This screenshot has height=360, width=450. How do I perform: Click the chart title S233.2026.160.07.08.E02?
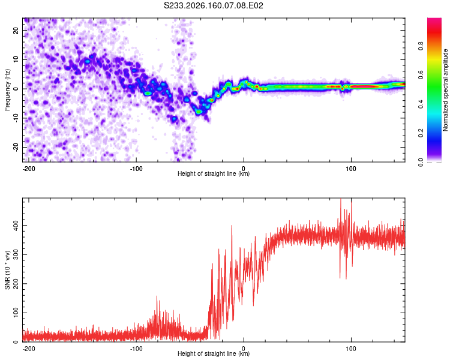tap(213, 5)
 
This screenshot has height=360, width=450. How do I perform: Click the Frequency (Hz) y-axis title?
tap(7, 90)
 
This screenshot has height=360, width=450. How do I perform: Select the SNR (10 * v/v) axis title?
tap(7, 270)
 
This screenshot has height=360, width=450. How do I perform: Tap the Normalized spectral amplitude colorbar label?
tap(445, 90)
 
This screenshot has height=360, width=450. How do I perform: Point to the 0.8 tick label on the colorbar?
tap(421, 46)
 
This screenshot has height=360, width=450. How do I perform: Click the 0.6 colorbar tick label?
tap(421, 75)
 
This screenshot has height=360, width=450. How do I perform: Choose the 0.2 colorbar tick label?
tap(421, 133)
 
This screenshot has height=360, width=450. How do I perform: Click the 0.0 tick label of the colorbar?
tap(421, 162)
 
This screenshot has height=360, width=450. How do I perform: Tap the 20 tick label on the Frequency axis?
tap(16, 31)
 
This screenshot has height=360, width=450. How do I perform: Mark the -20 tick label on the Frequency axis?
tap(16, 148)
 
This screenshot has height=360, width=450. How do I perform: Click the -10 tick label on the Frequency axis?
tap(16, 118)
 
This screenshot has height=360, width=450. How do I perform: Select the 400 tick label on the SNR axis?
tap(16, 226)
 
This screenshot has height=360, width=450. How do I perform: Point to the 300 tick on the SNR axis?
tap(16, 254)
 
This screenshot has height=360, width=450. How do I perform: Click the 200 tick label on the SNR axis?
tap(16, 284)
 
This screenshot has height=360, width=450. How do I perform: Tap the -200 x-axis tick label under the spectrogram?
tap(28, 169)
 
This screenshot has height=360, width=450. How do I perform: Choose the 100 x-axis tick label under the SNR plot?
tap(351, 349)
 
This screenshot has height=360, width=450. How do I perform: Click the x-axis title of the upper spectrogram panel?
tap(214, 173)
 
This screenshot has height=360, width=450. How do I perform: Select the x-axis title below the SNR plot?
tap(214, 353)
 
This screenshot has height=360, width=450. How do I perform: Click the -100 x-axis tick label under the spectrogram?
tap(136, 169)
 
